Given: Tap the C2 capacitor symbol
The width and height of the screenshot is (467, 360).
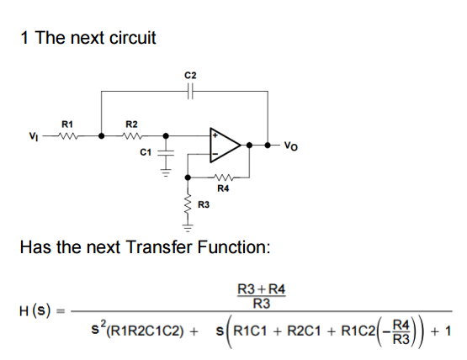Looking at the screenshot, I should click(190, 93).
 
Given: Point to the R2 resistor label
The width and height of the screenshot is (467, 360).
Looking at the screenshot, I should click(130, 124).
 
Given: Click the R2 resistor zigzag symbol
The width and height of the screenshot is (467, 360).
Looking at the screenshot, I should click(130, 135).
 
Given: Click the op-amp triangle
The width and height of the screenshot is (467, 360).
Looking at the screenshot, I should click(224, 145).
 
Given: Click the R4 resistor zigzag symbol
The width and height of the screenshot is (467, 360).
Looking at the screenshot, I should click(222, 177).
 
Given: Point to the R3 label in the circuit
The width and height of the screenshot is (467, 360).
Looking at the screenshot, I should click(203, 204).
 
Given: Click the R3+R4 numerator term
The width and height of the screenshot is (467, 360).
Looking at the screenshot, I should click(263, 290).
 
